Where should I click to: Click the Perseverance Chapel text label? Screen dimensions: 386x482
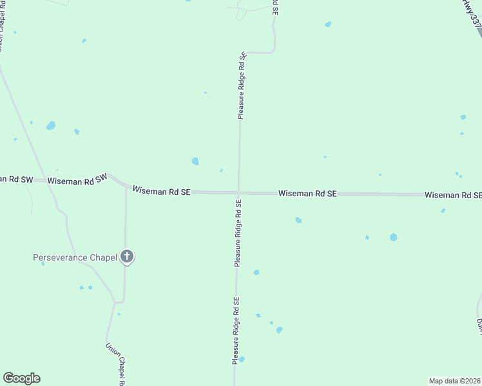[75, 257]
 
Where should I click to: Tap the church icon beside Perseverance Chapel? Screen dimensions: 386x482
[127, 257]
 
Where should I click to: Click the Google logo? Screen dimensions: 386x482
[21, 378]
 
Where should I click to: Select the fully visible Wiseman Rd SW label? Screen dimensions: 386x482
[76, 181]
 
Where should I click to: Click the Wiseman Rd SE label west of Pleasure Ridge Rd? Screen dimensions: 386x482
[161, 190]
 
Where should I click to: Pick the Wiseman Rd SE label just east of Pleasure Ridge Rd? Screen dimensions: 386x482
[307, 193]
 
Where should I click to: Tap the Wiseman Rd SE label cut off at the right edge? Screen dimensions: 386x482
[453, 194]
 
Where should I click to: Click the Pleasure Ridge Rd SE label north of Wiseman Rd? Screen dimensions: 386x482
[242, 86]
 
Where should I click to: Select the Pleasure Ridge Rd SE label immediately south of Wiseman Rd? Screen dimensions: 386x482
[238, 233]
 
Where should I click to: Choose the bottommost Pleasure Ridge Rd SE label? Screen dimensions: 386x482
[236, 331]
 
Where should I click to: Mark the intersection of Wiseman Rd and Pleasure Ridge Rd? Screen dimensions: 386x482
[239, 192]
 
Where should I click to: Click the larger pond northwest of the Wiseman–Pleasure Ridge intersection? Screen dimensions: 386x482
[195, 161]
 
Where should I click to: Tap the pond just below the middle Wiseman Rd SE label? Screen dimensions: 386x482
[298, 220]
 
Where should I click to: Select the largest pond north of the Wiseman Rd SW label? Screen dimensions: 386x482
[51, 125]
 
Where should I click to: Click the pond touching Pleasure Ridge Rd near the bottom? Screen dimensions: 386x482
[242, 359]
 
